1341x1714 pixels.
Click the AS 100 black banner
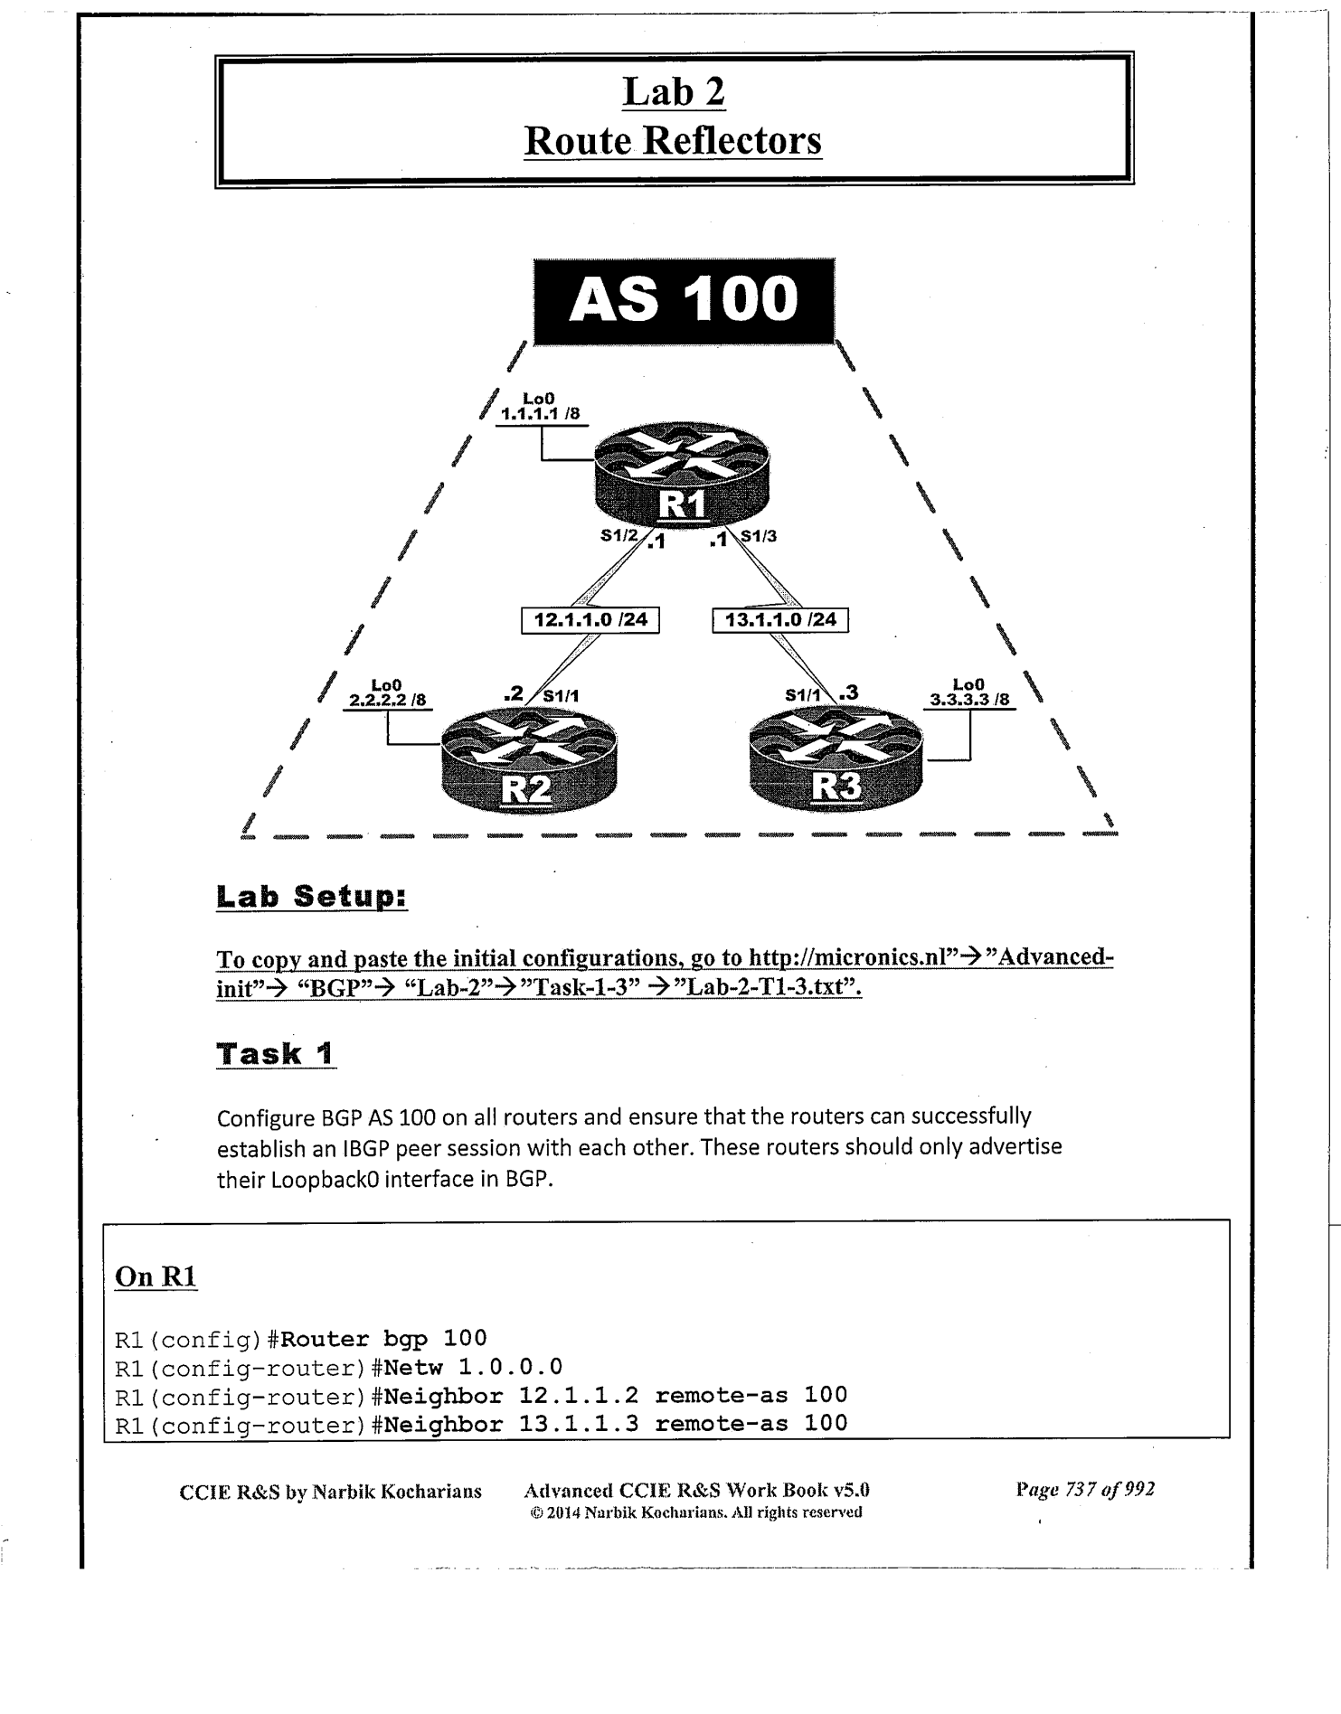684,301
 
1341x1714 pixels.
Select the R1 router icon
681,475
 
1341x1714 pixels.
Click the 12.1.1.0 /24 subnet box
590,620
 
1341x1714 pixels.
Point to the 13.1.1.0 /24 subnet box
780,620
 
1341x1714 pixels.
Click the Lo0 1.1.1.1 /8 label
540,408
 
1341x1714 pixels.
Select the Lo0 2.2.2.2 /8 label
387,693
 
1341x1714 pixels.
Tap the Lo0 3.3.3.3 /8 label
969,693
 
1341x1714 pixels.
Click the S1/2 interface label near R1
619,535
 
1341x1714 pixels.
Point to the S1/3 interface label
759,535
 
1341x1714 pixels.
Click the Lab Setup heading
312,897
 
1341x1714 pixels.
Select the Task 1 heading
276,1053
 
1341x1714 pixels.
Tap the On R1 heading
156,1276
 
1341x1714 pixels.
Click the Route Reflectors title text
673,140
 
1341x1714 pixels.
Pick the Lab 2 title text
674,91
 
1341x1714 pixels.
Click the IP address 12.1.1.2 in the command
578,1395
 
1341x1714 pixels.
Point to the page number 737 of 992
1085,1490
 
